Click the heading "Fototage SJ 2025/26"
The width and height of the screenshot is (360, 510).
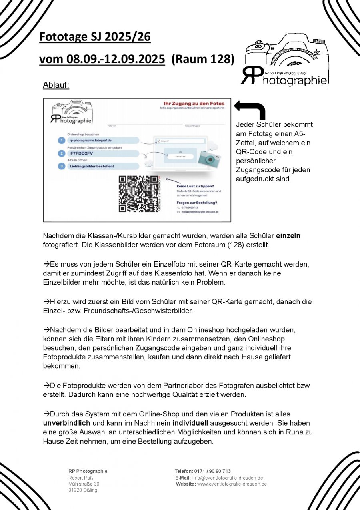[95, 37]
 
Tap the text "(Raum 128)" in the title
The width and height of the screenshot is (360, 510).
[202, 59]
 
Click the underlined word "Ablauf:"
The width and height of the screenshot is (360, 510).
[56, 86]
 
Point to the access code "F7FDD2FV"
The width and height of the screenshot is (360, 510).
[82, 153]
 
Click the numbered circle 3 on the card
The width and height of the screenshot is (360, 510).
[61, 166]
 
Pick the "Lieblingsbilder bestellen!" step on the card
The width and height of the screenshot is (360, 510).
[92, 166]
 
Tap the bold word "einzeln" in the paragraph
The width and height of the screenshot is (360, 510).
[288, 236]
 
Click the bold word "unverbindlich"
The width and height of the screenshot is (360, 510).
[67, 423]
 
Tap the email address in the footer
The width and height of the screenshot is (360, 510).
[227, 478]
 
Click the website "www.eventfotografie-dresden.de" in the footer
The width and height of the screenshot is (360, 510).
[232, 484]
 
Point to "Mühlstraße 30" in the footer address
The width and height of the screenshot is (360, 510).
[84, 484]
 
